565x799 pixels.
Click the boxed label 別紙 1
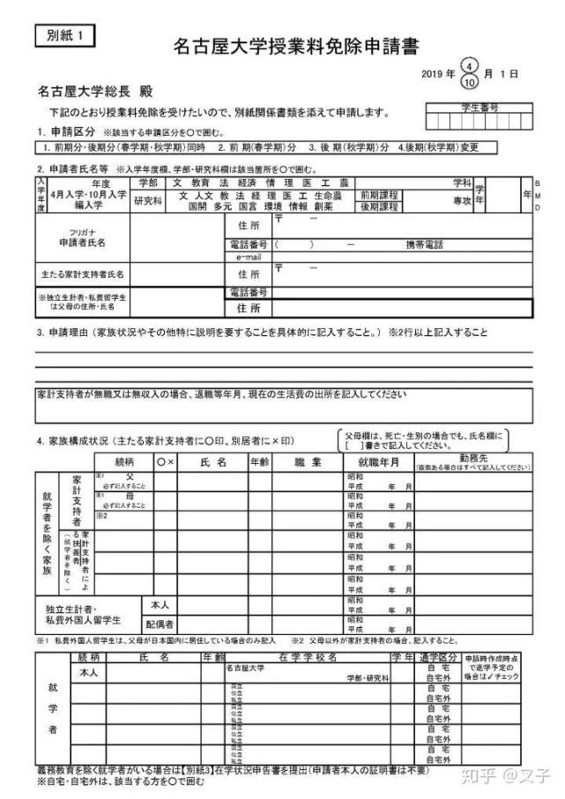pyautogui.click(x=63, y=36)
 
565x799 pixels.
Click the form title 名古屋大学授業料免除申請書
pyautogui.click(x=293, y=46)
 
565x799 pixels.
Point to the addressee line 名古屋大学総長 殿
pyautogui.click(x=93, y=91)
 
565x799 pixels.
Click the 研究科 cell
pyautogui.click(x=147, y=201)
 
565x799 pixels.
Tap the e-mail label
pyautogui.click(x=249, y=258)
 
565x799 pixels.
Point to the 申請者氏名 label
pyautogui.click(x=82, y=241)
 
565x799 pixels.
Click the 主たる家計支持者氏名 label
pyautogui.click(x=82, y=274)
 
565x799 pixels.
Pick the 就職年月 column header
pyautogui.click(x=378, y=461)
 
